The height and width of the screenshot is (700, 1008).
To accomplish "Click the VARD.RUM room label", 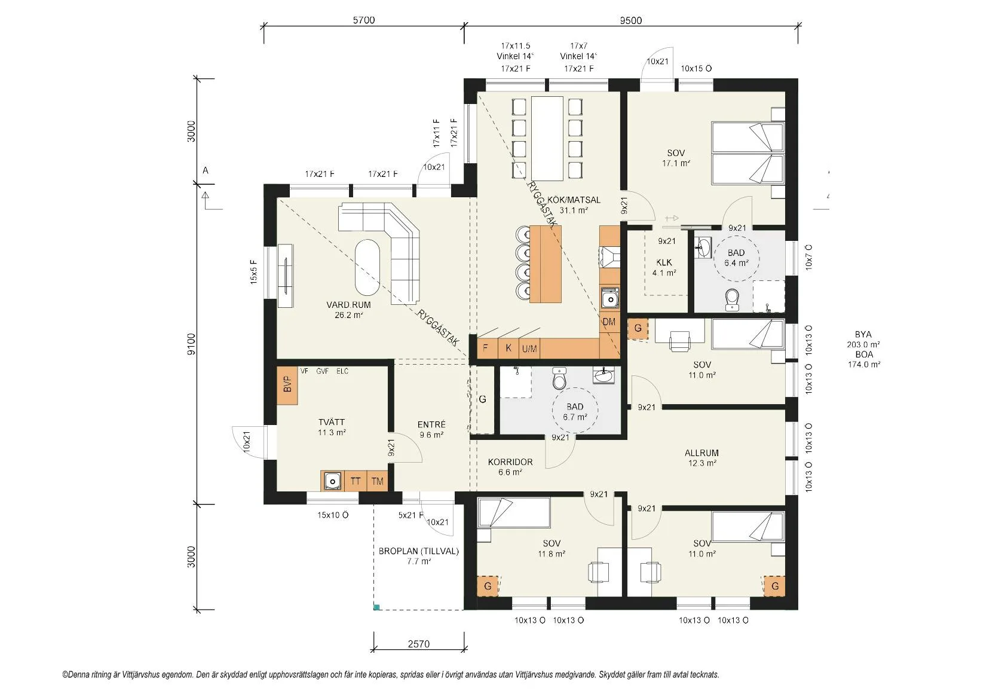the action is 349,305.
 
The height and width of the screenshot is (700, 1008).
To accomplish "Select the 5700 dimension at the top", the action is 364,20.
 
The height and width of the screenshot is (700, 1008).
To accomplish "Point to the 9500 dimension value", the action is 631,20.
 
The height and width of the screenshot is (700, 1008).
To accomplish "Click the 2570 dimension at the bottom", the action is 418,644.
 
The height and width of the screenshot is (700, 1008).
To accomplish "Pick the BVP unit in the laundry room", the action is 287,386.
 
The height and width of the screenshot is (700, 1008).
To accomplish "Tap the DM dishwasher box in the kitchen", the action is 609,322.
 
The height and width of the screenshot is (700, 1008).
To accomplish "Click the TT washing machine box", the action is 356,481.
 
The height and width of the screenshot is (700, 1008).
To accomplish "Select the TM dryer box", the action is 378,481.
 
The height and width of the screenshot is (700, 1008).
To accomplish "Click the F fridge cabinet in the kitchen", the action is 486,348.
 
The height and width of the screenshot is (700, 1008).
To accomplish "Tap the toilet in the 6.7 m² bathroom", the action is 559,378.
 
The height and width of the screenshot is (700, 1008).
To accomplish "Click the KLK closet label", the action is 664,262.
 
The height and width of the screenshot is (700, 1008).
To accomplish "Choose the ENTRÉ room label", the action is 431,424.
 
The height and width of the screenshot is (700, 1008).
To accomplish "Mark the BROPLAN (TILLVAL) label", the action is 418,551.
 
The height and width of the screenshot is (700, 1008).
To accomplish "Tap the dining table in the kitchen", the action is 547,139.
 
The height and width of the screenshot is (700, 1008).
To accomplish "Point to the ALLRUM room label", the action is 701,453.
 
